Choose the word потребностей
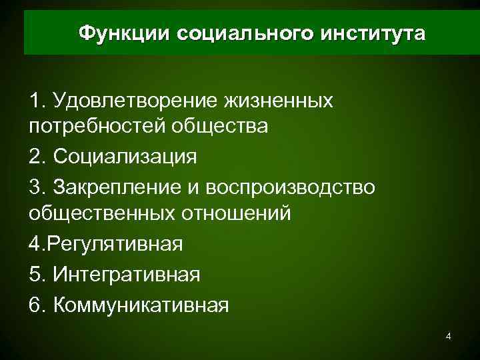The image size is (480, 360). [98, 127]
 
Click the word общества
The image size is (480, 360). [221, 127]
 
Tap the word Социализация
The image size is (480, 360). [124, 157]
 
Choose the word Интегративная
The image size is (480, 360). [126, 273]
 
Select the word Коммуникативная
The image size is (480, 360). [141, 304]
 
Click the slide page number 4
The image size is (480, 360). [449, 337]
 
